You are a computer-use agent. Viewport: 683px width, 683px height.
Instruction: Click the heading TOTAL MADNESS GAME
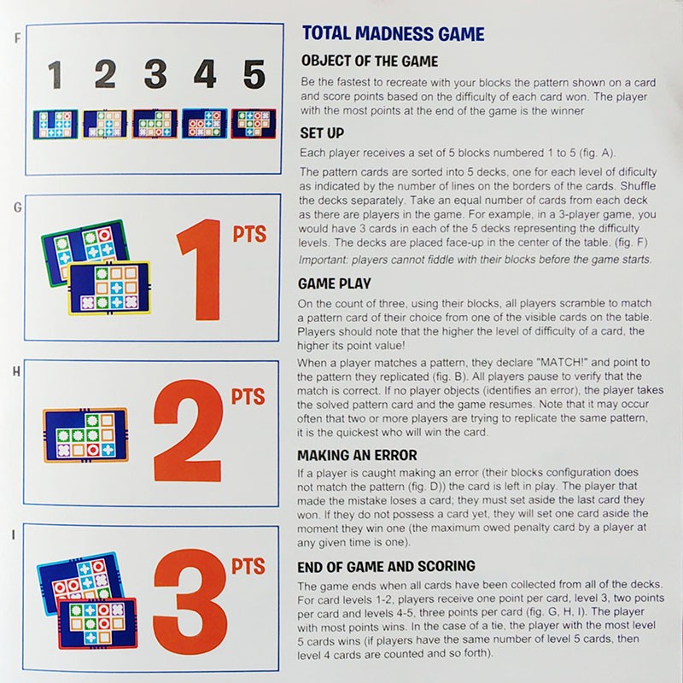(394, 33)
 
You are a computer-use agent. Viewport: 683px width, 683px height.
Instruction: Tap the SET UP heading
(322, 133)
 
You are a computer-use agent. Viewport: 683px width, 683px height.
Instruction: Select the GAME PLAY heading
(335, 283)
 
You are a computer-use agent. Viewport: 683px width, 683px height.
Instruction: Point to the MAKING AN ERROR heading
(357, 455)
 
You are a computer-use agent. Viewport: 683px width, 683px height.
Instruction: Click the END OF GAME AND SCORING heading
(387, 566)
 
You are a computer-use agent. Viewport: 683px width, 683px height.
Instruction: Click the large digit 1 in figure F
(55, 74)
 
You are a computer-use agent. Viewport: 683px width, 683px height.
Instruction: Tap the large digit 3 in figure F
(155, 73)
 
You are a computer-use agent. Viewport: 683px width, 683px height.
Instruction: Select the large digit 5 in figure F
(254, 74)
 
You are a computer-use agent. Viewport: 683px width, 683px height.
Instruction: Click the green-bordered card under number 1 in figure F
(55, 124)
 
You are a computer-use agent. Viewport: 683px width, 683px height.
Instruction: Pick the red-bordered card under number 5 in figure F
(254, 124)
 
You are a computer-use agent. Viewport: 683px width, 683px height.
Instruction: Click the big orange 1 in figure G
(201, 270)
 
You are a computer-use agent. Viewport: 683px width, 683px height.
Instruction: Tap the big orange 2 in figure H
(188, 430)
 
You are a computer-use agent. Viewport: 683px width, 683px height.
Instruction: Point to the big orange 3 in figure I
(190, 596)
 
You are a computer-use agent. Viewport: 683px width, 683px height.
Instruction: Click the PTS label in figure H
(248, 397)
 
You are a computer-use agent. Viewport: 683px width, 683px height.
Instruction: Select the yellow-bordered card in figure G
(110, 288)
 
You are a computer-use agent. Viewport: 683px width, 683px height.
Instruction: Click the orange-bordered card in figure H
(86, 435)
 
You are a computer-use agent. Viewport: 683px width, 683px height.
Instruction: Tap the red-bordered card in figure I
(97, 624)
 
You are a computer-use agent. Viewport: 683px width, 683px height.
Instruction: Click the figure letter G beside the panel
(17, 207)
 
